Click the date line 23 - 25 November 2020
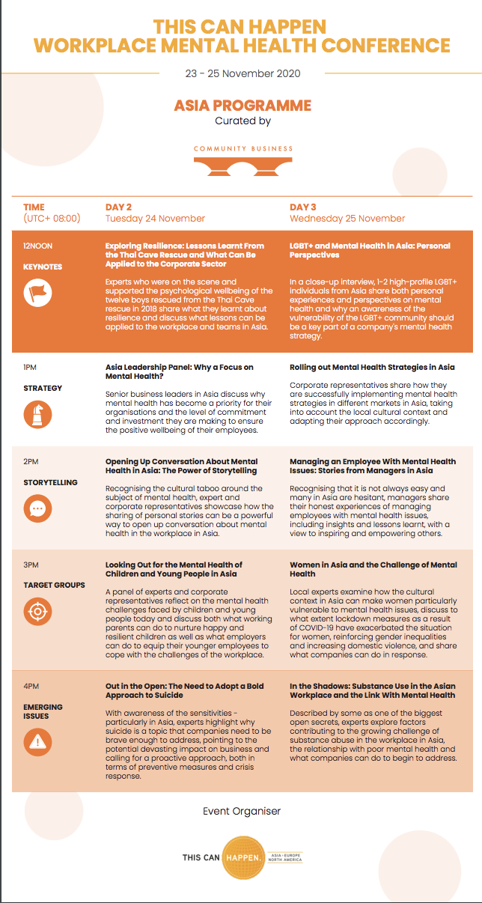click(x=242, y=73)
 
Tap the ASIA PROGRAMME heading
click(x=242, y=105)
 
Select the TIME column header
click(x=34, y=207)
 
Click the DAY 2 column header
click(x=119, y=207)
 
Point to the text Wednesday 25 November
click(x=347, y=219)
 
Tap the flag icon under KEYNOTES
click(x=37, y=292)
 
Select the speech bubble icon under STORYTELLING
click(x=37, y=509)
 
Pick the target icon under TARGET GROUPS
click(x=37, y=612)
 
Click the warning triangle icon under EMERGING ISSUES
click(x=37, y=741)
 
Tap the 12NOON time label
click(x=38, y=246)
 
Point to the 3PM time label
click(x=31, y=565)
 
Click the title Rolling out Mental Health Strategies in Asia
click(x=372, y=367)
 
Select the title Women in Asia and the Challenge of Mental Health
click(x=373, y=569)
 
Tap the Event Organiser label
click(x=242, y=811)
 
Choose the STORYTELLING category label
click(x=50, y=482)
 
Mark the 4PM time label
click(x=31, y=686)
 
